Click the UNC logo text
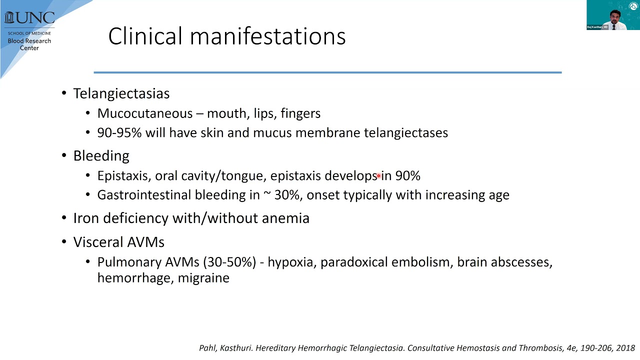pyautogui.click(x=29, y=17)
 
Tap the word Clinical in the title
pyautogui.click(x=145, y=36)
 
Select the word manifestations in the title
pyautogui.click(x=267, y=36)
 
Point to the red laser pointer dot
pyautogui.click(x=378, y=175)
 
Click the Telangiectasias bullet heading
pyautogui.click(x=121, y=93)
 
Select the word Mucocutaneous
pyautogui.click(x=145, y=113)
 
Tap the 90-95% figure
pyautogui.click(x=119, y=132)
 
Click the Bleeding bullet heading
pyautogui.click(x=101, y=156)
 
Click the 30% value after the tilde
pyautogui.click(x=286, y=195)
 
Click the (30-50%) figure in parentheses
pyautogui.click(x=229, y=262)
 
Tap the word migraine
pyautogui.click(x=203, y=277)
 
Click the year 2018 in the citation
pyautogui.click(x=625, y=348)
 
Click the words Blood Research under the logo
pyautogui.click(x=29, y=41)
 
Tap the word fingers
pyautogui.click(x=300, y=113)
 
